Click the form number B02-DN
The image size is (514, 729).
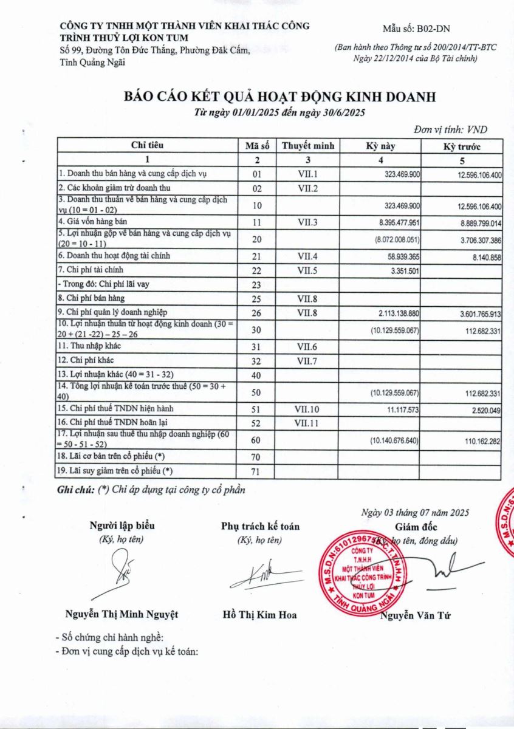(417, 29)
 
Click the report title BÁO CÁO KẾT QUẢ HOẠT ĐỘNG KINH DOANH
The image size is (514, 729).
(279, 97)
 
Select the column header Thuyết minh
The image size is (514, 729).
(308, 146)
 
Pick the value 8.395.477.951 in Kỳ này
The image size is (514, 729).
(395, 223)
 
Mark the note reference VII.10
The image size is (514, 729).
(308, 409)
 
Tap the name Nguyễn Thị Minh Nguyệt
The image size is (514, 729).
(122, 614)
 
